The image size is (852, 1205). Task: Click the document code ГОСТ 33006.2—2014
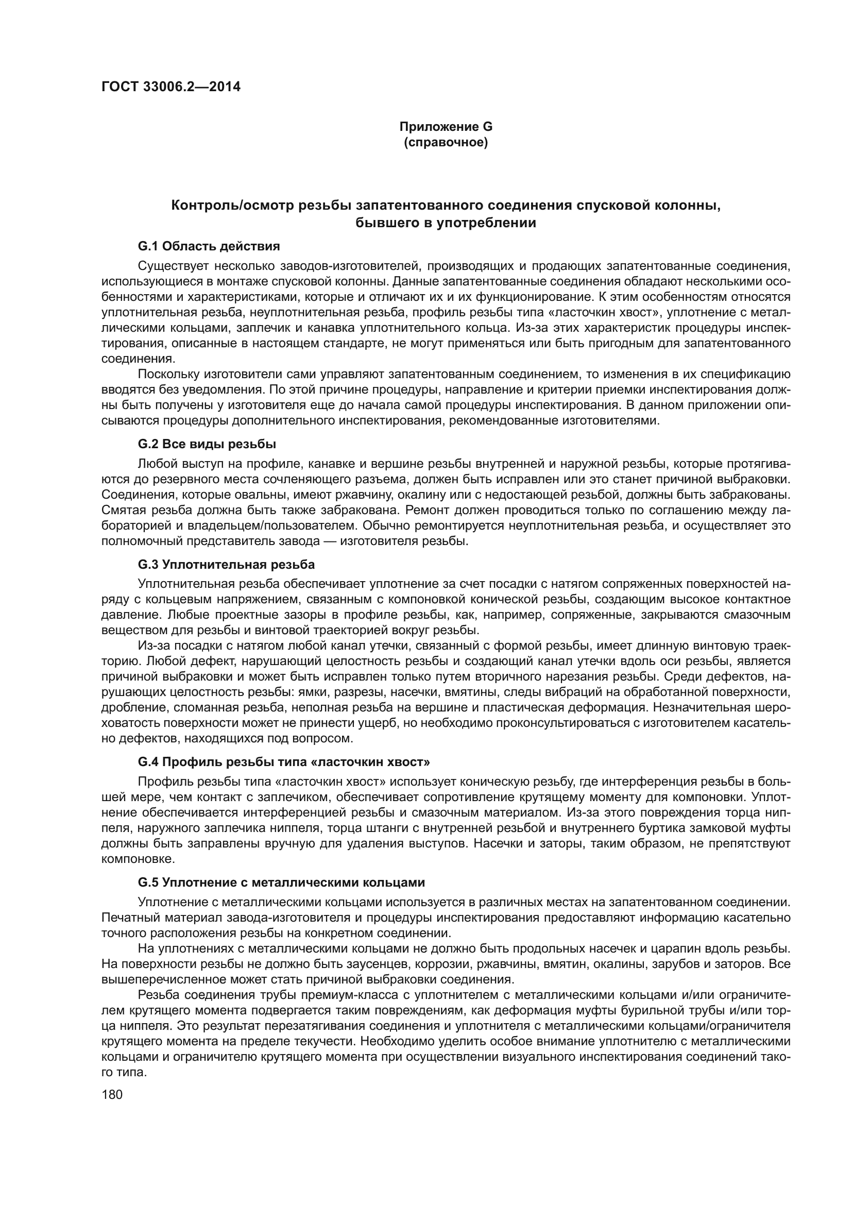(171, 87)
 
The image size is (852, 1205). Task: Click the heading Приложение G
(446, 127)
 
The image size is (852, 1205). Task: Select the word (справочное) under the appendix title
(446, 142)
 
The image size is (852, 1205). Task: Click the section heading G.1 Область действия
(209, 246)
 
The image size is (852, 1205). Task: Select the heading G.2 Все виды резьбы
(207, 444)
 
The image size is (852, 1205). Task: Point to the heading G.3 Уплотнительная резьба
(226, 564)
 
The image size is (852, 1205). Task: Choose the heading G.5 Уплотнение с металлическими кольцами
(281, 882)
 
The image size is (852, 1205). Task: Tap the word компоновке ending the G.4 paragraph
(133, 859)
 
